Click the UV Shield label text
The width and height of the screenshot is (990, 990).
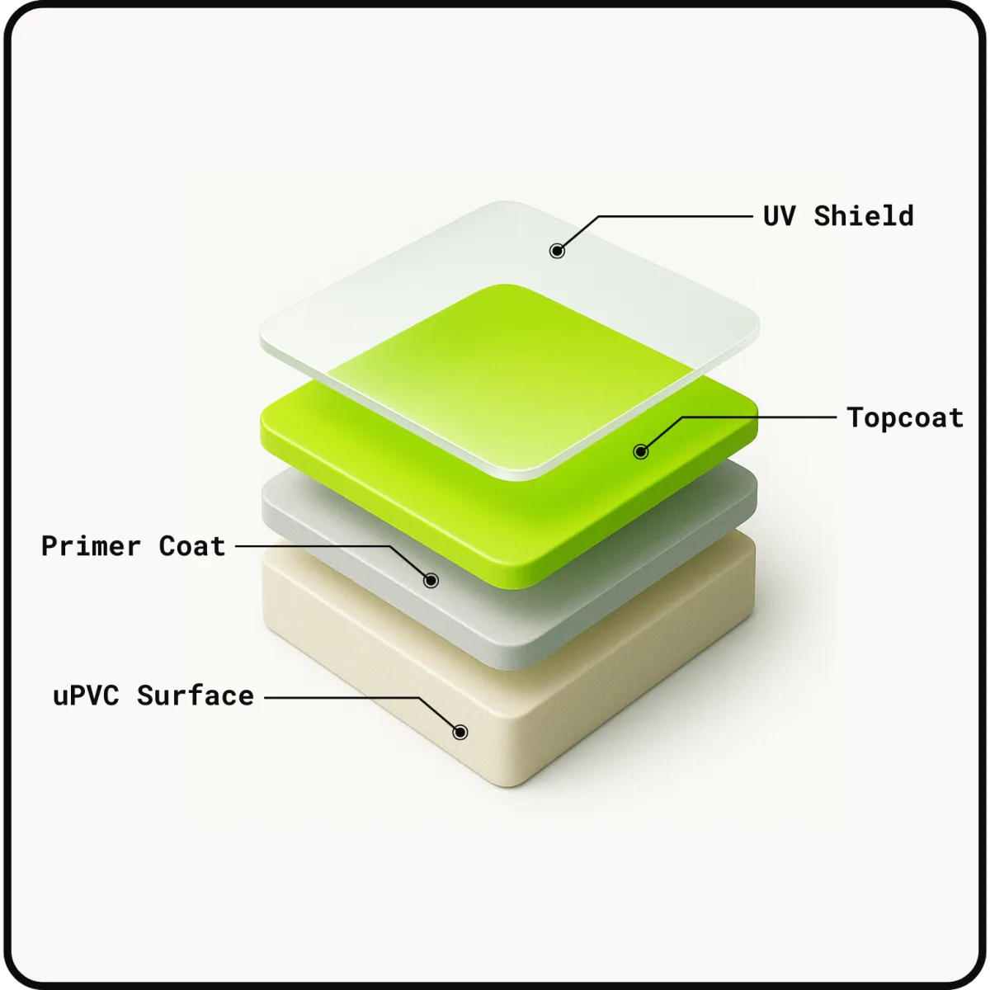838,216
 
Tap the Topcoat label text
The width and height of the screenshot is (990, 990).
905,417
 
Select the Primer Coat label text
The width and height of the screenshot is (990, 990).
133,545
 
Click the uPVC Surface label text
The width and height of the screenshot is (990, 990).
153,695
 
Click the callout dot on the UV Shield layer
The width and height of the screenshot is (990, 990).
557,251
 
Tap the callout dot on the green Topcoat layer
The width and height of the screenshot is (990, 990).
641,451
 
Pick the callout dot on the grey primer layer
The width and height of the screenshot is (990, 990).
431,581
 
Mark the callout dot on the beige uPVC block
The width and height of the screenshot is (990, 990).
460,732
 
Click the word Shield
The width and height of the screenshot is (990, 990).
864,216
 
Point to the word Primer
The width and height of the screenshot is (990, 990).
91,545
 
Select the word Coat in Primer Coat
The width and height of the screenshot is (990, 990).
192,545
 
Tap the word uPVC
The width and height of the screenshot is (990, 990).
87,695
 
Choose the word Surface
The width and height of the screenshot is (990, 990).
196,695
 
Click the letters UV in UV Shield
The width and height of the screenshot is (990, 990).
780,216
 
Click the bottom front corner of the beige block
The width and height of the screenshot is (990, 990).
509,786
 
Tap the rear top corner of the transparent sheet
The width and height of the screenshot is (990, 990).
506,201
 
